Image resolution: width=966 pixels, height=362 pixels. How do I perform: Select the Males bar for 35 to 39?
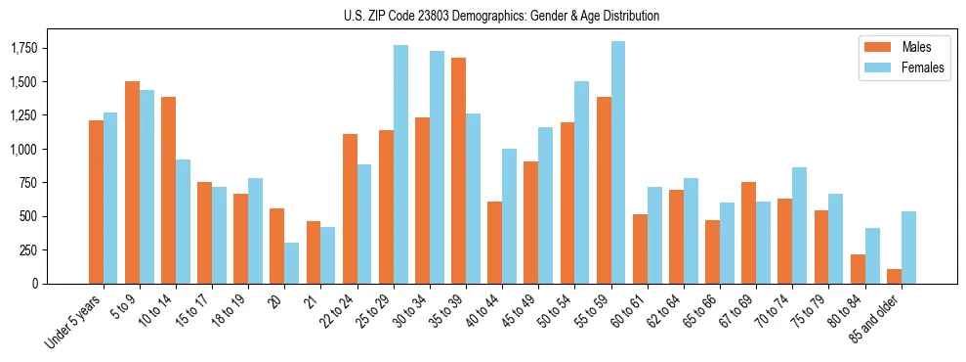click(459, 171)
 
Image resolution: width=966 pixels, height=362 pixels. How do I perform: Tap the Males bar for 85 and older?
click(895, 276)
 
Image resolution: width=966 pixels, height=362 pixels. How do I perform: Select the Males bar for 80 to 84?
click(859, 269)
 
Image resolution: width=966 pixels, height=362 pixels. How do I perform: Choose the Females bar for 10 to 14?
click(184, 221)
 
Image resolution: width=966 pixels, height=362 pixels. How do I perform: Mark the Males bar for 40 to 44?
click(495, 243)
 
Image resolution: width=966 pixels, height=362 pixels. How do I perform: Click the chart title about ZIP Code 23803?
click(502, 16)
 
